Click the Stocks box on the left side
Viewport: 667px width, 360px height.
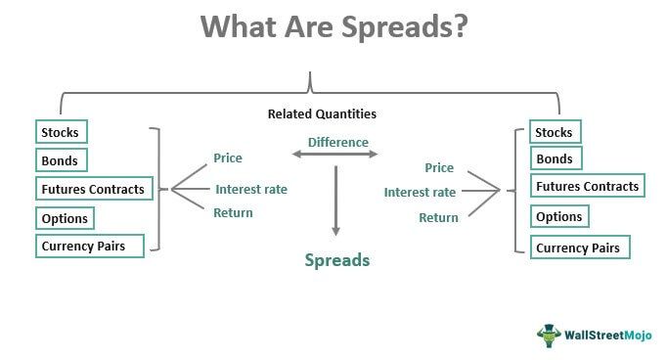[x=61, y=132]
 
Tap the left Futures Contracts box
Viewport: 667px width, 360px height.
[x=93, y=189]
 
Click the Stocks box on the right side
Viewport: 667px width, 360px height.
[x=555, y=131]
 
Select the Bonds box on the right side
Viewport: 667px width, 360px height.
[x=555, y=158]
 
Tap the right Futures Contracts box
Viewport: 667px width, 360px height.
[x=587, y=187]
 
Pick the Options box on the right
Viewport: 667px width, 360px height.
[x=559, y=217]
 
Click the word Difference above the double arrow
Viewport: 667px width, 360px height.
[x=338, y=143]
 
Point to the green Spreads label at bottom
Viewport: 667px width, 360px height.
[x=337, y=261]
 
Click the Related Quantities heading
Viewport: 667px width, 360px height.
[x=322, y=114]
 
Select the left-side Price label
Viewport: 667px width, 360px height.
[x=228, y=157]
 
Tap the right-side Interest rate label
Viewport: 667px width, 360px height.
[x=420, y=193]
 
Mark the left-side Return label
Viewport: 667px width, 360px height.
[x=233, y=212]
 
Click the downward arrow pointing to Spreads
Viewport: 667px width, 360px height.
[x=335, y=201]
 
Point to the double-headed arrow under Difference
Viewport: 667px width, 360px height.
[x=335, y=155]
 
